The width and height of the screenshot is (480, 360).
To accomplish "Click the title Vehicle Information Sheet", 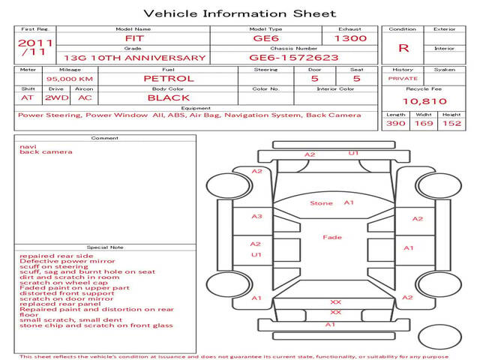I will (239, 13).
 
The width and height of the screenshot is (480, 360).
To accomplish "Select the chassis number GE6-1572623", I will (293, 57).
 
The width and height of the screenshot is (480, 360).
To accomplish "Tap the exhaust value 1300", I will (351, 38).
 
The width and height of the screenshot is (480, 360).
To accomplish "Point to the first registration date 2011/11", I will (35, 47).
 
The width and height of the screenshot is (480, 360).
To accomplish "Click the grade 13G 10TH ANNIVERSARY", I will (135, 57).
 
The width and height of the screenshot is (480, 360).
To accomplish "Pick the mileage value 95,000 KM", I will (69, 78).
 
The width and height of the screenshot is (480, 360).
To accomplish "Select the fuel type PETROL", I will (168, 78).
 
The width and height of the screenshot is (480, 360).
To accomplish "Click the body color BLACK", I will (168, 97).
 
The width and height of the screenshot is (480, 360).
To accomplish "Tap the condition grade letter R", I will (403, 48).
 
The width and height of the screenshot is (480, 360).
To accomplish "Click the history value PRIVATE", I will (403, 78).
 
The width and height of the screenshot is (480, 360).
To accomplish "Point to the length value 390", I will (395, 123).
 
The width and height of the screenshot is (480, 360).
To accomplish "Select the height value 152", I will (451, 123).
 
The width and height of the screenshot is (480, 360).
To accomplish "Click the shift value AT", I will (28, 97).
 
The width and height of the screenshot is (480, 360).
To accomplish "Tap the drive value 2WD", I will (54, 97).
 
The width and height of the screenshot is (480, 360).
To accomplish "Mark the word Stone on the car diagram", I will (321, 203).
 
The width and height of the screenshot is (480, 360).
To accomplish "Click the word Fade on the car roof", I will (331, 237).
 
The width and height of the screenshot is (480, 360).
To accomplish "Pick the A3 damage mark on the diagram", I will (256, 217).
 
